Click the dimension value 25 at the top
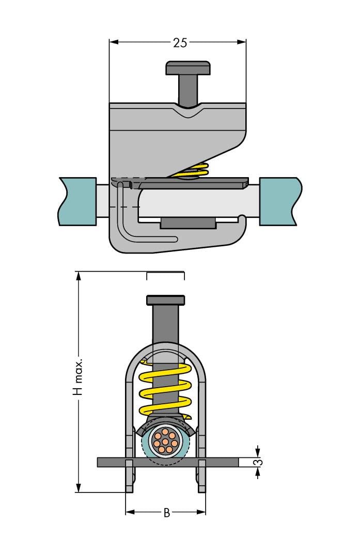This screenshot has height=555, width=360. click(180, 43)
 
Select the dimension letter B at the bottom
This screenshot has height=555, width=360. click(166, 513)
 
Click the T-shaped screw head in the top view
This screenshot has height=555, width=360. click(188, 68)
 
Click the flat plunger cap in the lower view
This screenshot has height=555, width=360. click(165, 299)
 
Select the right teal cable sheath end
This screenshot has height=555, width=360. click(279, 201)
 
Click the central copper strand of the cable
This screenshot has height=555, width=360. click(165, 441)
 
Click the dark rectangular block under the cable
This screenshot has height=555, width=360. click(187, 223)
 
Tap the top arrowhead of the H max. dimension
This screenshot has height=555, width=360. click(79, 275)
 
